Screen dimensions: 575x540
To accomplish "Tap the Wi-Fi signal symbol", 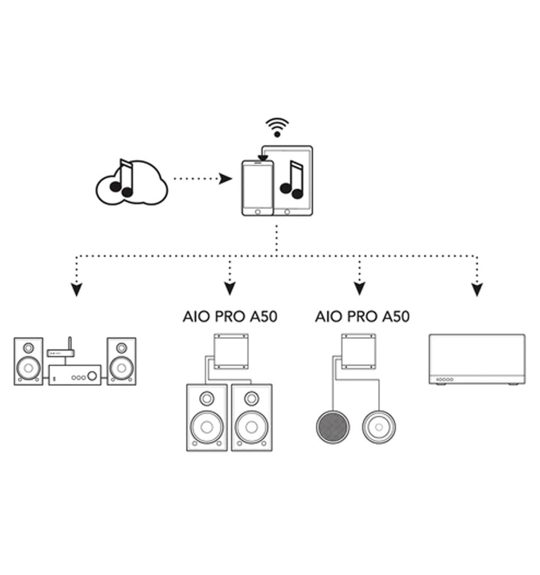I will tap(277, 127).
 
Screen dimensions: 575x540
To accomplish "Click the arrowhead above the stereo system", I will tap(76, 289).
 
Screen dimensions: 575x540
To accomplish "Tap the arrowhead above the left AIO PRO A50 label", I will tap(230, 288).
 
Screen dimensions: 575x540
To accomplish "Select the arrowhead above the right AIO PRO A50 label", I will tap(360, 288).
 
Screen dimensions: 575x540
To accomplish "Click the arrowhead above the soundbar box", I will tap(477, 289).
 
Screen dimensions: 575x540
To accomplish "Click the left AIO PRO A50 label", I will tap(230, 316).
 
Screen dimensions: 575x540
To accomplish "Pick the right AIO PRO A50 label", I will tap(362, 316).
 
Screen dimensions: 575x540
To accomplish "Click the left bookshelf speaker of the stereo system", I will tap(28, 361).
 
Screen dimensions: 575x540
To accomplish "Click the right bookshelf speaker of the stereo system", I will tap(121, 361).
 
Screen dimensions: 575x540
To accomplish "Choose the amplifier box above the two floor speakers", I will tap(231, 352).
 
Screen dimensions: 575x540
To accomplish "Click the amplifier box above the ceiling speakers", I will tap(359, 352).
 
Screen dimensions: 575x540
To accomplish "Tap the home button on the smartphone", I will tap(257, 212).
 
